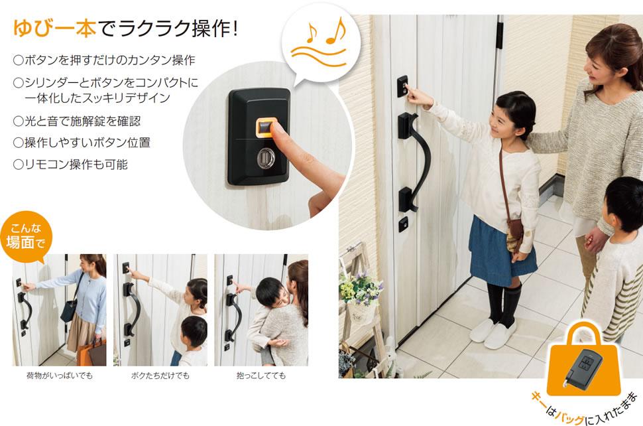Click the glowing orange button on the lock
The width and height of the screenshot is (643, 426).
tap(266, 127)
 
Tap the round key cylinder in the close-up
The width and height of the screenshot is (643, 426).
tap(266, 158)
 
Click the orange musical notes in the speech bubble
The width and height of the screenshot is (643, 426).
tap(326, 31)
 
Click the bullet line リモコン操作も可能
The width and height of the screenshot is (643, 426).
tap(70, 165)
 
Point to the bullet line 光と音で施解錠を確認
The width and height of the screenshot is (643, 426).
tap(77, 121)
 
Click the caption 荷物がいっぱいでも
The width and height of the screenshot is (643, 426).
tap(60, 376)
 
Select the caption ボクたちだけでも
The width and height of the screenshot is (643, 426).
tap(160, 376)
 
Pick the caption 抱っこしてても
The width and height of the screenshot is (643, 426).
tap(261, 376)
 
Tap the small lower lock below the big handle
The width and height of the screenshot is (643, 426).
tap(403, 224)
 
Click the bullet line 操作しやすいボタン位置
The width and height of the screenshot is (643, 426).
tap(82, 143)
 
